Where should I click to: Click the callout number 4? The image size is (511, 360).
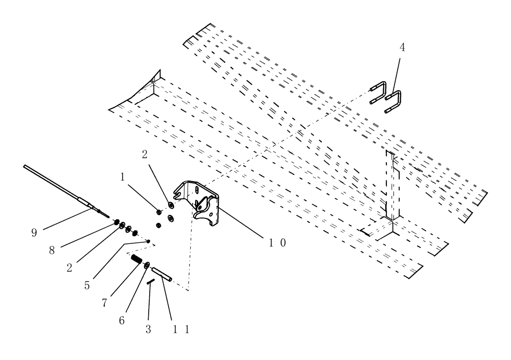[403, 47]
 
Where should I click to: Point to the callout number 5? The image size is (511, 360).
[87, 285]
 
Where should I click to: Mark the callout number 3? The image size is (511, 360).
[148, 329]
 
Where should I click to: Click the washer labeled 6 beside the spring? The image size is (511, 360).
[147, 265]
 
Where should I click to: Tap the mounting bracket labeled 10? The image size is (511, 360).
[202, 205]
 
